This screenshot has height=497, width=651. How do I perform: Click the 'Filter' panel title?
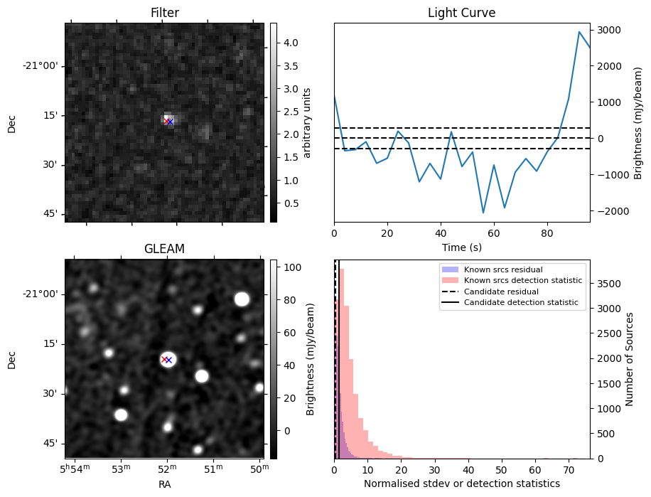165,13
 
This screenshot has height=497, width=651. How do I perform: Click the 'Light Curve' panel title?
461,13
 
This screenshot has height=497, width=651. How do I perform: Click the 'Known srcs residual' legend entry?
502,269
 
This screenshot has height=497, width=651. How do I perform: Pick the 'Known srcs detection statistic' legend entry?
522,280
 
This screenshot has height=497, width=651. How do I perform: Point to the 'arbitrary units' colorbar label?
307,122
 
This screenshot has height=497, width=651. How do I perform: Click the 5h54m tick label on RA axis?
74,469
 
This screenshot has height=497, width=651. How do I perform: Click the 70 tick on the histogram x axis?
569,469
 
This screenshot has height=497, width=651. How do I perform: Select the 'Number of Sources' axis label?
629,359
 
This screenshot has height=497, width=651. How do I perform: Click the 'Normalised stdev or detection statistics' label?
461,483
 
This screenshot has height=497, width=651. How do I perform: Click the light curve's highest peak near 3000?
579,32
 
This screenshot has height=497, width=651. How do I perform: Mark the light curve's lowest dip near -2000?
483,213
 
